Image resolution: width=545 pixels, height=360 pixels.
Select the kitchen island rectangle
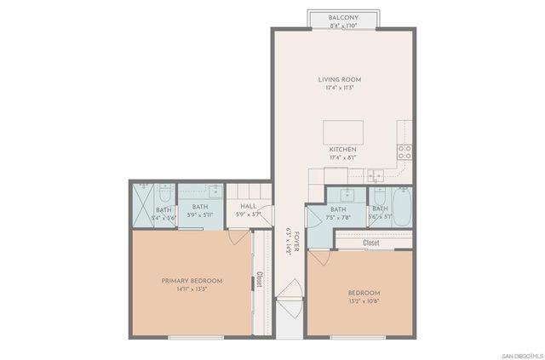(x=342, y=133)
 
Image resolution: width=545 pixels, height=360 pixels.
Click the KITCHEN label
(x=342, y=150)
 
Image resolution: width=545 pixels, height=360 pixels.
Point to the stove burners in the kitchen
(x=405, y=152)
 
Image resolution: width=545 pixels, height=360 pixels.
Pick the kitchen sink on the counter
(x=376, y=176)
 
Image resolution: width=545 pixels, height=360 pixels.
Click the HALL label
(x=248, y=206)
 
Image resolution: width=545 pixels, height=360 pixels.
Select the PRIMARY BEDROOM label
(x=192, y=281)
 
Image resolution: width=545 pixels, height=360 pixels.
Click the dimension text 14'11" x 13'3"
(x=192, y=289)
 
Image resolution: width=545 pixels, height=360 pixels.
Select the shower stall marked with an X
(x=141, y=207)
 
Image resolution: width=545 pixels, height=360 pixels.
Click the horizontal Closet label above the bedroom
(x=371, y=243)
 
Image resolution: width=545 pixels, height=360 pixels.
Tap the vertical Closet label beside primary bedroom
(x=260, y=280)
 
